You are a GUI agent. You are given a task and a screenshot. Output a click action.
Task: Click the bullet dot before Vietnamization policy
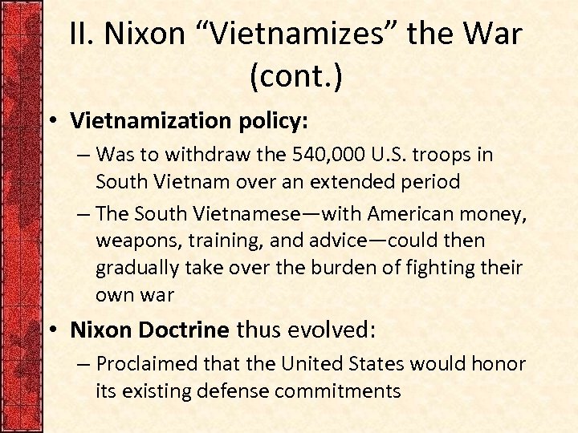click(51, 121)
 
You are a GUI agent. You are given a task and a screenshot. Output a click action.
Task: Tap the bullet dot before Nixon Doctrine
click(51, 330)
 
